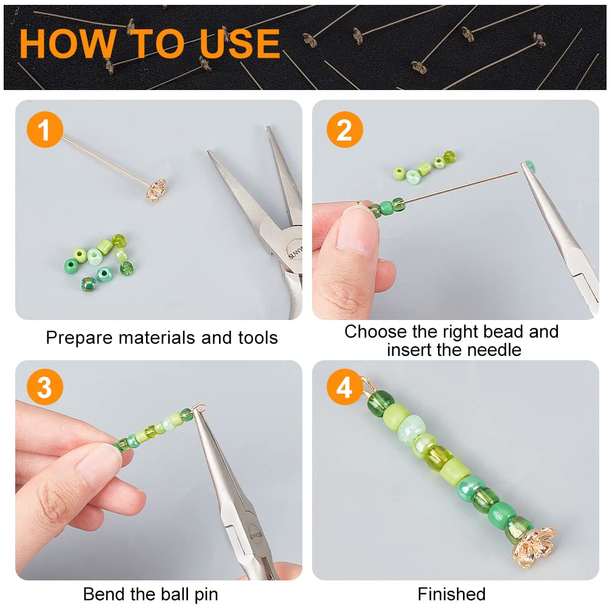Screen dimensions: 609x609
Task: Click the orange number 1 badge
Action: [x=44, y=130]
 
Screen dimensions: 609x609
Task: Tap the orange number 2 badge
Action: [x=344, y=130]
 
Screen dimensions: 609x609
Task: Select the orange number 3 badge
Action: [x=44, y=387]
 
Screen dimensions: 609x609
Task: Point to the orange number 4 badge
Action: [x=344, y=387]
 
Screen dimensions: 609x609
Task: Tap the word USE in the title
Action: [x=240, y=43]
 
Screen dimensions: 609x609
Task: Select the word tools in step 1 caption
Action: [x=257, y=338]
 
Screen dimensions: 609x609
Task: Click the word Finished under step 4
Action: [x=451, y=594]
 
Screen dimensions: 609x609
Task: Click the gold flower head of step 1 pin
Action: [x=156, y=190]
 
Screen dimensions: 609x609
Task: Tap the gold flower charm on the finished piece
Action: [x=534, y=546]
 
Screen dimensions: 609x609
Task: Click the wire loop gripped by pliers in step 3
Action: [x=199, y=408]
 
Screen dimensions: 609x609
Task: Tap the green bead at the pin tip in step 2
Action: [x=529, y=167]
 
